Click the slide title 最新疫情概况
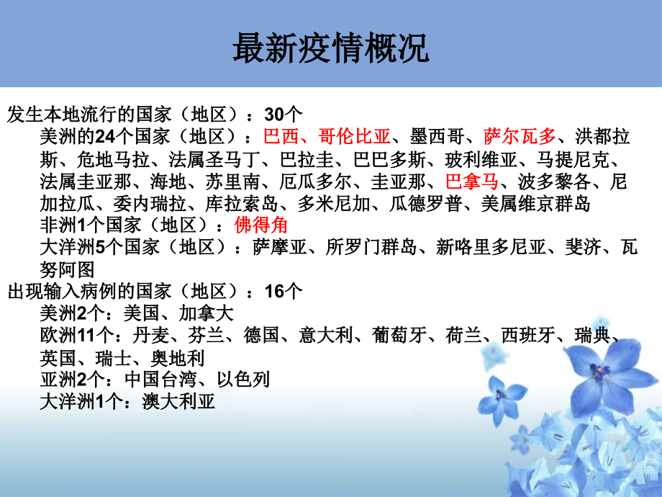[330, 49]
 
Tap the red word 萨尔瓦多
[520, 135]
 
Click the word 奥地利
[178, 358]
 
